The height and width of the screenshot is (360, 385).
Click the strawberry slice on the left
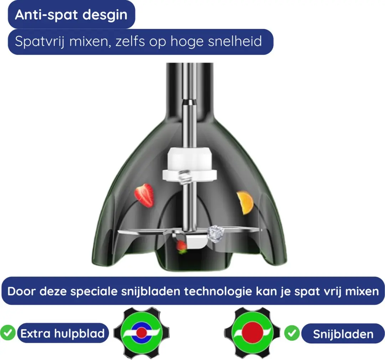point(144,195)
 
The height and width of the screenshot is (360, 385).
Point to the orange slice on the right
point(245,203)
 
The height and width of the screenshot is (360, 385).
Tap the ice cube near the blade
point(216,234)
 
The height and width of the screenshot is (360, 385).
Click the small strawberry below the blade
point(181,246)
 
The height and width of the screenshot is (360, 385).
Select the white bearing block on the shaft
point(190,164)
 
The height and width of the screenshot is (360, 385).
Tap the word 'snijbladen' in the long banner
point(151,292)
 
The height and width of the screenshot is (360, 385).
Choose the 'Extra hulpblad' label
point(63,333)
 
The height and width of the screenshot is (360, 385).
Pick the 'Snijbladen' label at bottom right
point(343,334)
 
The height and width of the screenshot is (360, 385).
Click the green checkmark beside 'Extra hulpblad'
point(7,333)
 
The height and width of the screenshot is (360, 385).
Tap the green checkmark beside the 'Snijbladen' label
point(292,333)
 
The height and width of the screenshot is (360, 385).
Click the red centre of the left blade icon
point(142,333)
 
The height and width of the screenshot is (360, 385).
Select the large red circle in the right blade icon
point(252,333)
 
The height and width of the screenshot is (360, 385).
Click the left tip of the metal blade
point(118,232)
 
